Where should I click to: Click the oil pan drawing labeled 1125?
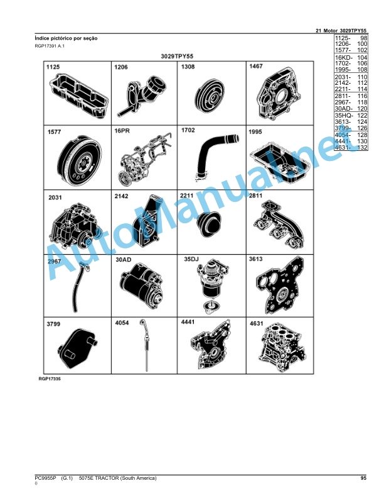(79, 96)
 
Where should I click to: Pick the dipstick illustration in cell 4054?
(145, 345)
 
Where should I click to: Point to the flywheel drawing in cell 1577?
(80, 161)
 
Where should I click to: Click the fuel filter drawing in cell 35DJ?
(212, 285)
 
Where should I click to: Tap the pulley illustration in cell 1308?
(209, 96)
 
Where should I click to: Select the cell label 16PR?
(122, 131)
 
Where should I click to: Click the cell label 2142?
(121, 196)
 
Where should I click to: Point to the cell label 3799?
(53, 324)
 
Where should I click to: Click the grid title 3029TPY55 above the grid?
(177, 56)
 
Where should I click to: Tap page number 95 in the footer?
(363, 478)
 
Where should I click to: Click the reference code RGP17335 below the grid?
(50, 379)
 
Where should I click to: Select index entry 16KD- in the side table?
(343, 57)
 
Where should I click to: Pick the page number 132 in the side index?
(362, 147)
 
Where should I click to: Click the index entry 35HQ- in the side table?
(343, 115)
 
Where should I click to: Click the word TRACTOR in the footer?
(107, 478)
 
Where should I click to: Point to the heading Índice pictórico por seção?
(67, 38)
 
